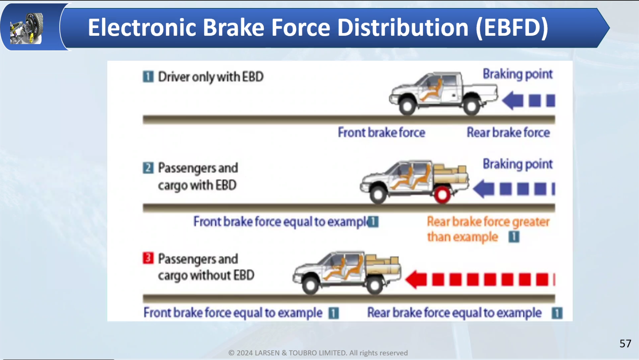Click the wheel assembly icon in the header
point(27,28)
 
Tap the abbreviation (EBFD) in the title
point(512,27)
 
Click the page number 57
point(625,343)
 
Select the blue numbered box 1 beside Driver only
point(148,76)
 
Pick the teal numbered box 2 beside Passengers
point(148,168)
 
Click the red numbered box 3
point(148,258)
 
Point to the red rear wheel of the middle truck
point(442,195)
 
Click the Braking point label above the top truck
point(517,74)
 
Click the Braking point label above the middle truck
point(517,164)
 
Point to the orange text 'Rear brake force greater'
point(488,221)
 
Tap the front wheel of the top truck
point(407,107)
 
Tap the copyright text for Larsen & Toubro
point(318,353)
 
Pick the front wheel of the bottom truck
point(310,286)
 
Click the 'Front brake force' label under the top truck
point(381,133)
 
